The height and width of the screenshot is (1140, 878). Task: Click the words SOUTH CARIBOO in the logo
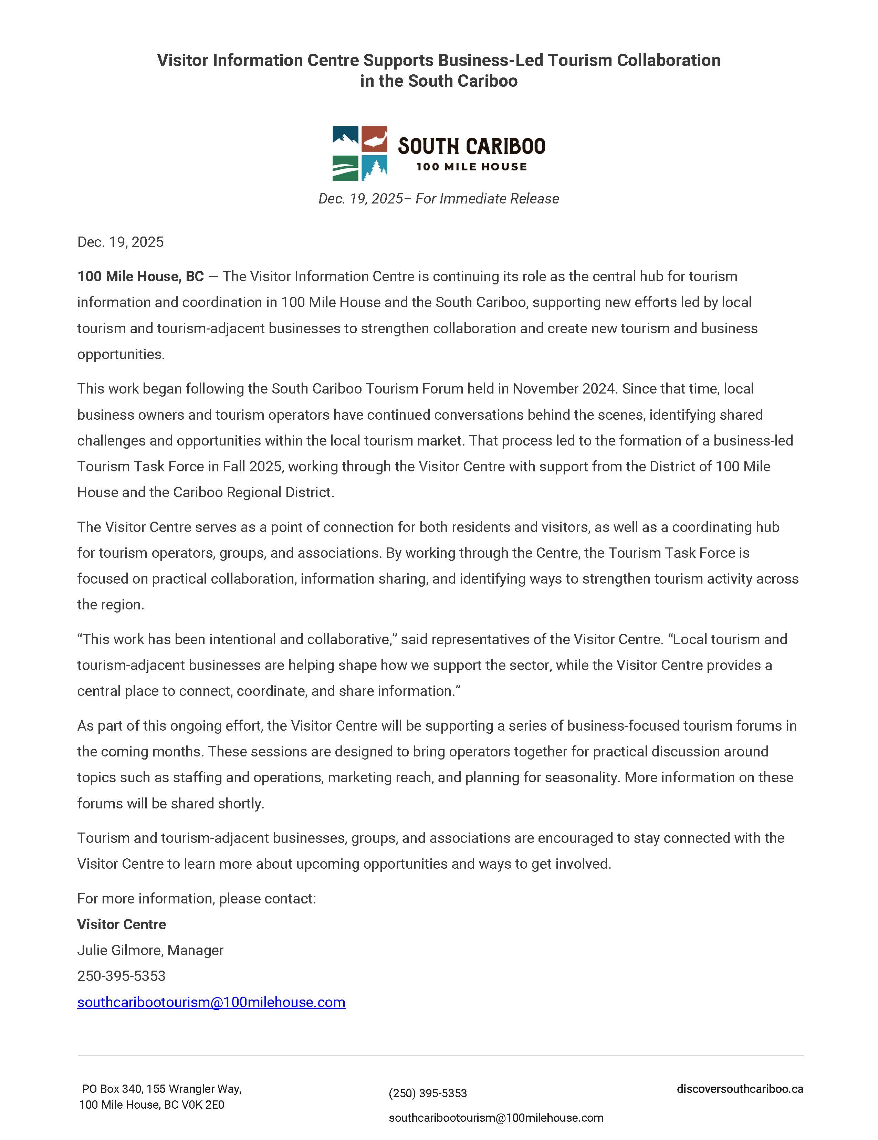click(471, 147)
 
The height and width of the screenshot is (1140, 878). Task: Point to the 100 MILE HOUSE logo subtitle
click(471, 167)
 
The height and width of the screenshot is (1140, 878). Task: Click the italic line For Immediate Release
click(487, 199)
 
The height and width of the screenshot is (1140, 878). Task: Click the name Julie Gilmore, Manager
click(150, 950)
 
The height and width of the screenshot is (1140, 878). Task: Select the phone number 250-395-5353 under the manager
click(121, 976)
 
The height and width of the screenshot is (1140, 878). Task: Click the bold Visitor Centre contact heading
click(122, 924)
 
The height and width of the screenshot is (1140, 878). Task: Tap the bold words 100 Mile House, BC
click(140, 276)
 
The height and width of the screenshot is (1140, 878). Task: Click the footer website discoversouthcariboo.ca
click(739, 1089)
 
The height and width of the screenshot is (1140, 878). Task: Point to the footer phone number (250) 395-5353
click(428, 1093)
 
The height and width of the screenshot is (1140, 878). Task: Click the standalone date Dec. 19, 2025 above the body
click(120, 242)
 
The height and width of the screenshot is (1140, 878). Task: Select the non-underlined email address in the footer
click(495, 1118)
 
